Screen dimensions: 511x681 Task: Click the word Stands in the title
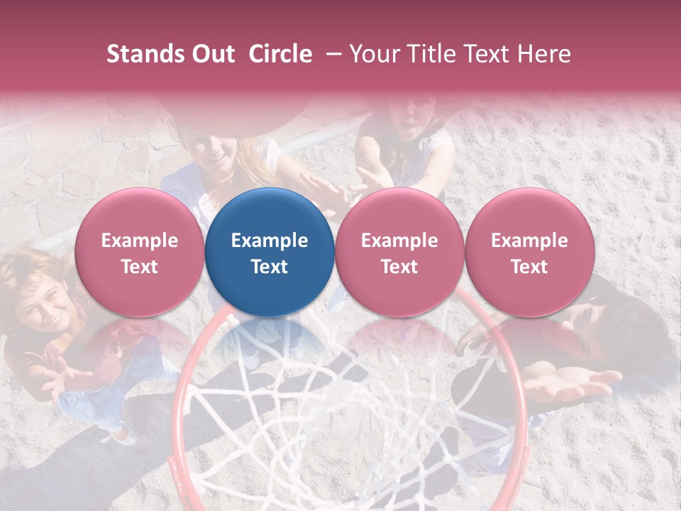tap(140, 54)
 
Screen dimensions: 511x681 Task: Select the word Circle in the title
tap(280, 54)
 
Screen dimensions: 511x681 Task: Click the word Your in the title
tap(372, 54)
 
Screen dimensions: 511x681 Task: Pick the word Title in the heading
tap(427, 54)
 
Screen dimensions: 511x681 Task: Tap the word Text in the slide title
tap(484, 54)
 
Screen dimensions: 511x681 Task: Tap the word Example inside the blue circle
tap(270, 241)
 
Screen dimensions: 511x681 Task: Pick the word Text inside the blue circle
tap(270, 267)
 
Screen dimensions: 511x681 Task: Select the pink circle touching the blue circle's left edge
tap(140, 253)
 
